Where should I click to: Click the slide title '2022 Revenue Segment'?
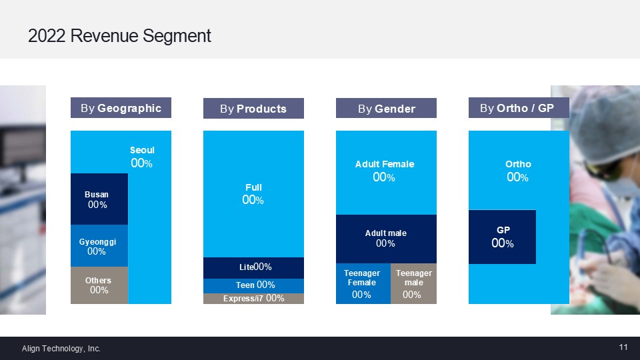click(119, 36)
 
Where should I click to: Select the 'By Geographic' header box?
click(121, 108)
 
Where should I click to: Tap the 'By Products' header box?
click(253, 109)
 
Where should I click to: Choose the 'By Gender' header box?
click(386, 109)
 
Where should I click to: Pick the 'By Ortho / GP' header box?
click(518, 107)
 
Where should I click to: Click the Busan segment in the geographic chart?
click(99, 199)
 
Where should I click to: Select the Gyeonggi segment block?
click(99, 246)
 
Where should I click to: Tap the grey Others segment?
click(99, 285)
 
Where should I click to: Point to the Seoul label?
click(142, 151)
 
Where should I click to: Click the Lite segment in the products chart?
click(253, 267)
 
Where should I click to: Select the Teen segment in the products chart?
click(253, 285)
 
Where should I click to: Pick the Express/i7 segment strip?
click(253, 299)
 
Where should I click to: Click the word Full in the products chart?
click(253, 188)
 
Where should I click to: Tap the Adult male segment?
click(386, 239)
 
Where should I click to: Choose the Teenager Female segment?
click(362, 283)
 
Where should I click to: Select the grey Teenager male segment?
click(413, 283)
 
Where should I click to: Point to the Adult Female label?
click(385, 164)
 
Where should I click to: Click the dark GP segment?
click(503, 237)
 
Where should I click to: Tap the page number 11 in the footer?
click(623, 347)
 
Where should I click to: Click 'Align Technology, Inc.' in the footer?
click(61, 348)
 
